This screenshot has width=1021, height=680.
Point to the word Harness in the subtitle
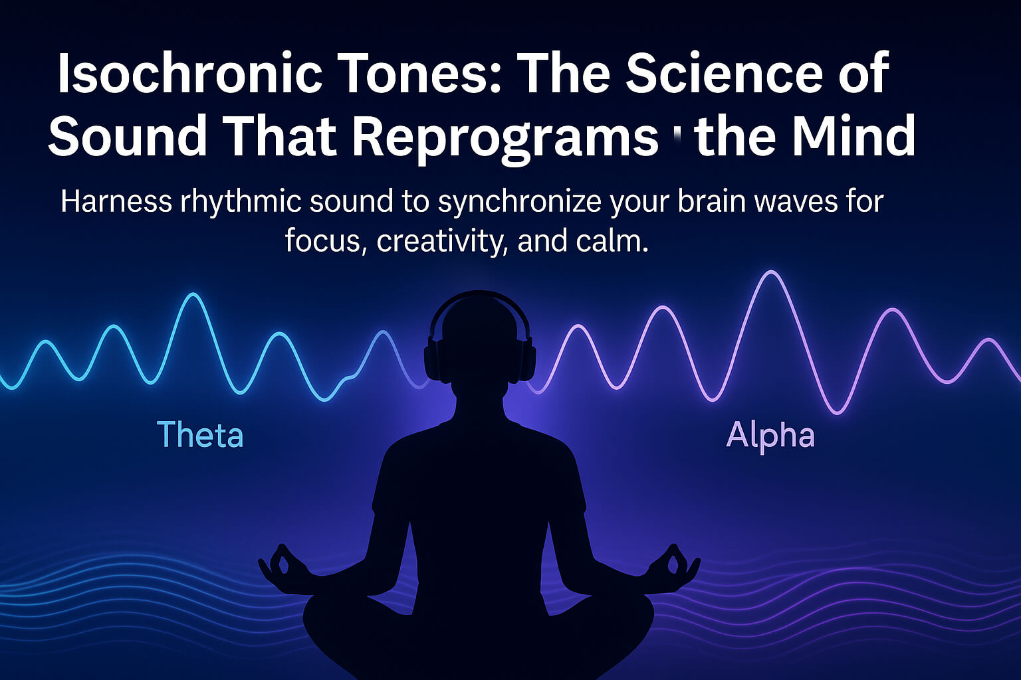116,201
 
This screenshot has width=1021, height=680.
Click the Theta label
200,435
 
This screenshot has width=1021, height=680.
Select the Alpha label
770,436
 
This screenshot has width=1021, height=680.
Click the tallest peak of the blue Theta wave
193,295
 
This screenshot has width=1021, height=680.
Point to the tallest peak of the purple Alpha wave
771,272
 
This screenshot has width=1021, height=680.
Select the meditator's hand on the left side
283,564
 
